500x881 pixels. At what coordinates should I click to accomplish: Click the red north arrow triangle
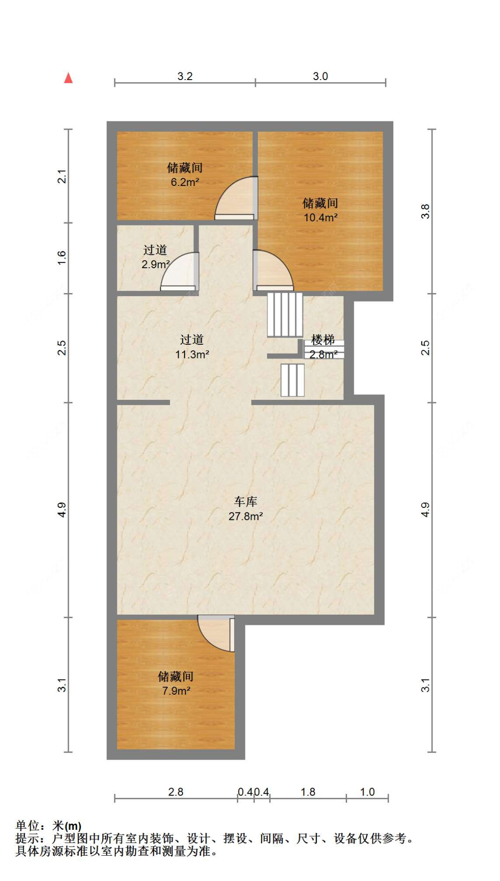click(68, 78)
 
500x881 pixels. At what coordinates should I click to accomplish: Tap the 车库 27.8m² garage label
click(245, 509)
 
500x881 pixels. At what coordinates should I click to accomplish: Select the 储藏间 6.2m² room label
click(184, 174)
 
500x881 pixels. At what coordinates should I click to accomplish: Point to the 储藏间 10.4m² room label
click(320, 210)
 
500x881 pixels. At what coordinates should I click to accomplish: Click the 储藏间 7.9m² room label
click(176, 683)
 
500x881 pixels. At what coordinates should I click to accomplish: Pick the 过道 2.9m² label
click(155, 257)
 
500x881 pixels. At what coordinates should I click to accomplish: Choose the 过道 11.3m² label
click(192, 347)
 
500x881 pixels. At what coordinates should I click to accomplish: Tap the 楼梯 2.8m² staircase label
click(323, 347)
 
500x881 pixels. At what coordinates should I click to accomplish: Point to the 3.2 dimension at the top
click(185, 76)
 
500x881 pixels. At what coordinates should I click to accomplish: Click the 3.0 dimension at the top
click(320, 76)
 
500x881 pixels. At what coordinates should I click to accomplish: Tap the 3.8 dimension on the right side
click(425, 211)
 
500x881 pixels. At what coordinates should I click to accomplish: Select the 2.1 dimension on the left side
click(62, 176)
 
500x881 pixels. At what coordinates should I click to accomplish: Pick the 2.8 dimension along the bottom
click(176, 792)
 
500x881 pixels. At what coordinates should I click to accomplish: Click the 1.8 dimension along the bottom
click(308, 792)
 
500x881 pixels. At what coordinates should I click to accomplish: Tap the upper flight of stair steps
click(285, 314)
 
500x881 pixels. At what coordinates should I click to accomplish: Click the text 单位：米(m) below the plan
click(48, 826)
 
